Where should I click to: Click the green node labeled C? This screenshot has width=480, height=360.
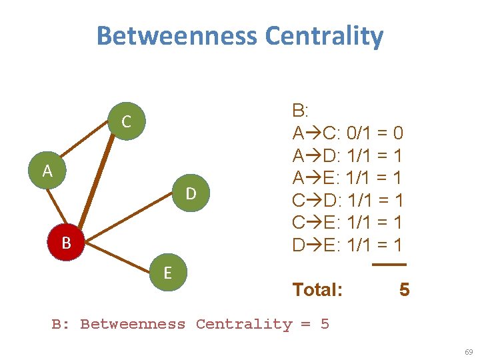125,121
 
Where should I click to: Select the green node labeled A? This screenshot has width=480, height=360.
47,171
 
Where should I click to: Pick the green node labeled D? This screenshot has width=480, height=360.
190,193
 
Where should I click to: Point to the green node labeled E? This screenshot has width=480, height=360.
167,272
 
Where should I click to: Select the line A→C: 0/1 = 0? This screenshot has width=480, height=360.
347,133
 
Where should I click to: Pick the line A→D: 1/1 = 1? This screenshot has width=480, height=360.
347,155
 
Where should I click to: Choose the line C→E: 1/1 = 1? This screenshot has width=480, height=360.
347,222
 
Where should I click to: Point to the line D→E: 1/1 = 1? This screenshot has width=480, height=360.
347,245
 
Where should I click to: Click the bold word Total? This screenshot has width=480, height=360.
318,289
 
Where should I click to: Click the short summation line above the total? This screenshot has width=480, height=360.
389,265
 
